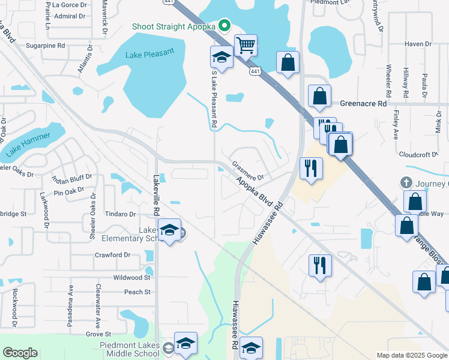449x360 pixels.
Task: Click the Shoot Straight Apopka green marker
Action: point(224,25)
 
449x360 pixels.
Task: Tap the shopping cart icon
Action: point(246,45)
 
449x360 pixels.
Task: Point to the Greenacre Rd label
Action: point(363,103)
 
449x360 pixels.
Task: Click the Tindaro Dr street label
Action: point(121,214)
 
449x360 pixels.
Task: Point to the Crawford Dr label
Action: point(112,255)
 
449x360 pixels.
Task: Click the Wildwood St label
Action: point(131,278)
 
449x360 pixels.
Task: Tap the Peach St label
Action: point(137,292)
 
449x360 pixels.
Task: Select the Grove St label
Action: point(98,334)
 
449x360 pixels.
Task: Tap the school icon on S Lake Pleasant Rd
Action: point(221,58)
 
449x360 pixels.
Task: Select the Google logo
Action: point(20,353)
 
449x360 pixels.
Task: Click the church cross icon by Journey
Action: point(406,182)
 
